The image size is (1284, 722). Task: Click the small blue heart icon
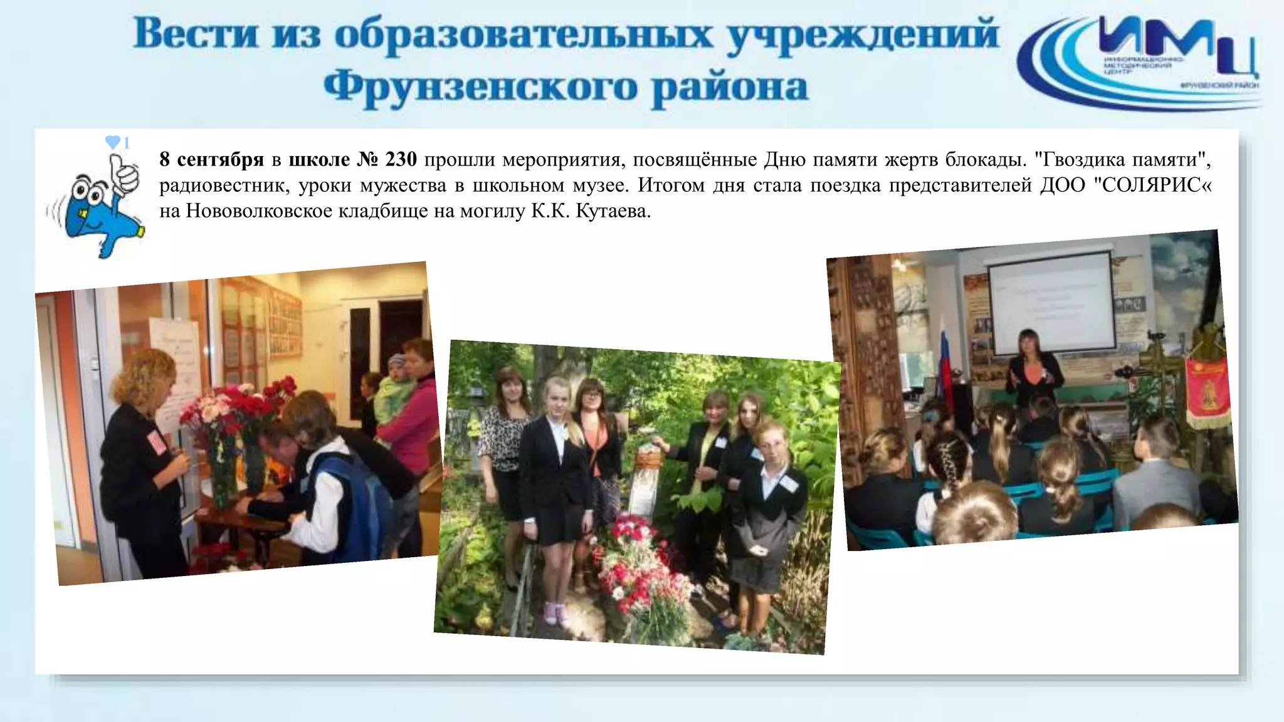pyautogui.click(x=113, y=142)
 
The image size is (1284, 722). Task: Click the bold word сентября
pyautogui.click(x=220, y=160)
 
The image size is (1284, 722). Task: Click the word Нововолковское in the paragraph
pyautogui.click(x=259, y=211)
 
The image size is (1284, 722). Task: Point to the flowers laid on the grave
pyautogui.click(x=639, y=564)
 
